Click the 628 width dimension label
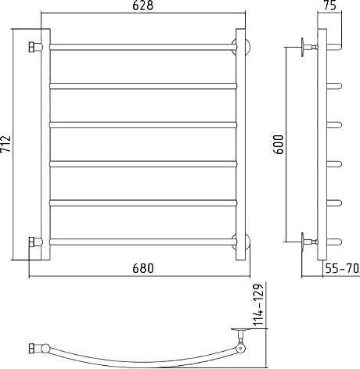[x=142, y=5]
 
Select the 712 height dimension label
[x=5, y=144]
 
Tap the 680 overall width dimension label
[x=143, y=268]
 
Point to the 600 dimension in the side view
[x=279, y=145]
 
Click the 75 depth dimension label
[x=330, y=5]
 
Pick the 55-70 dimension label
[x=342, y=268]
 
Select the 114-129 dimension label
[x=259, y=305]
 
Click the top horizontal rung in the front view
[x=143, y=47]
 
